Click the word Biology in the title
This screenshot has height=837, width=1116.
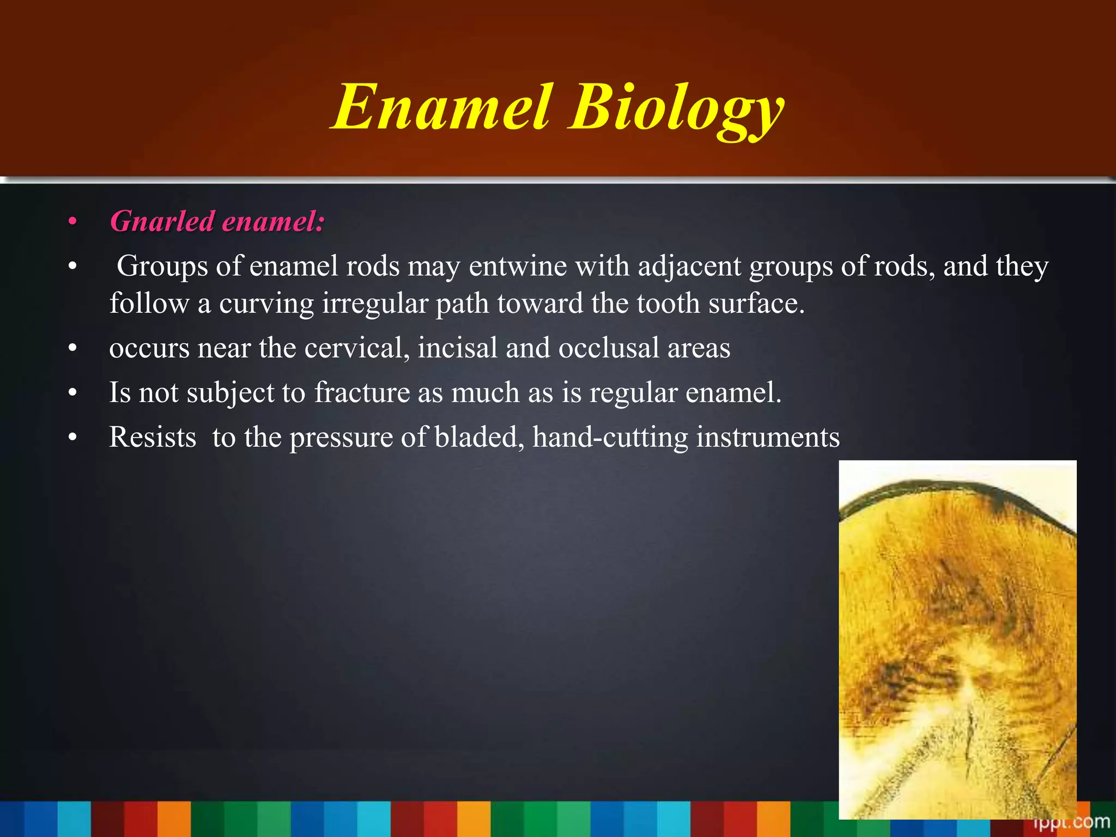[676, 109]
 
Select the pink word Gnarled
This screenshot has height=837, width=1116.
[162, 222]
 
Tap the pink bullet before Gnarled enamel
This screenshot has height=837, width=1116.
[72, 222]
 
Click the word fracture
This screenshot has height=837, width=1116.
[362, 392]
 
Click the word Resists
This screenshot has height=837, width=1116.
[153, 437]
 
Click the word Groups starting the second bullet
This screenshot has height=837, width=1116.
[162, 267]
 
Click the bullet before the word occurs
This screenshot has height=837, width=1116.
[72, 349]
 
